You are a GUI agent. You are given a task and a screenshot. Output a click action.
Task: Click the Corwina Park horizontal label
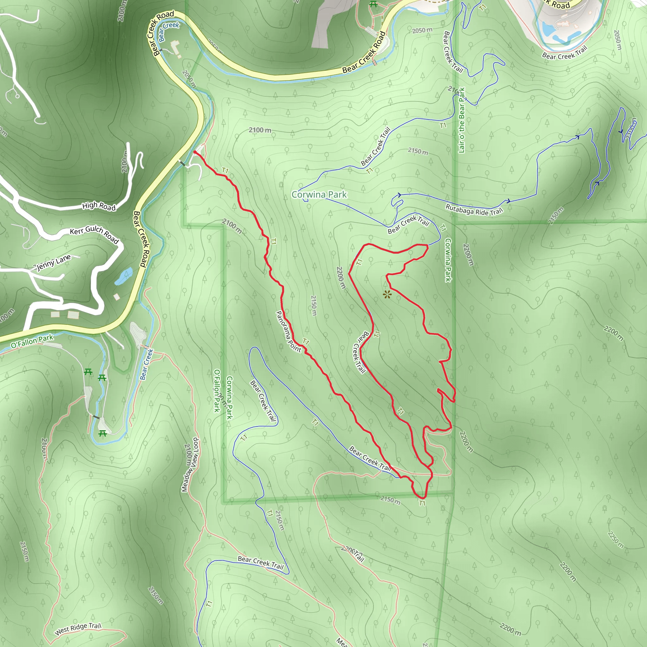click(319, 195)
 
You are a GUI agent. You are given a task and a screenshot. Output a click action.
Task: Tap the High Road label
click(99, 206)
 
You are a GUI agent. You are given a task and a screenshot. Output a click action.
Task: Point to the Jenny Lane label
click(54, 262)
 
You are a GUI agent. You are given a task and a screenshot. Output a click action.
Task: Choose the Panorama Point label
click(288, 331)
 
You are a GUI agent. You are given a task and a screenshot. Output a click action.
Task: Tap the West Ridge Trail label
click(78, 629)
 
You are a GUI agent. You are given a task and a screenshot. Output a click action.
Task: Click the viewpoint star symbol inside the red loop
click(387, 295)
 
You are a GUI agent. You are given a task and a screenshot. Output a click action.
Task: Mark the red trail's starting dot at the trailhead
click(195, 152)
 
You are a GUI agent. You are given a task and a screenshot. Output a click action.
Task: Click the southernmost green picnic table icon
click(103, 434)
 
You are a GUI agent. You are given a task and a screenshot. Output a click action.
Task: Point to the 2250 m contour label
click(615, 540)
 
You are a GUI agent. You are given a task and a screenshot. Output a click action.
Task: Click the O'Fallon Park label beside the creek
click(32, 341)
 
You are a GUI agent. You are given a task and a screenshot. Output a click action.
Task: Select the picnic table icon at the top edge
click(373, 4)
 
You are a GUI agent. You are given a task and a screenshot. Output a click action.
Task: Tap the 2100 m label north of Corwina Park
click(260, 130)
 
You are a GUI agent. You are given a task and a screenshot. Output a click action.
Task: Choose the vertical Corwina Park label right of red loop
click(448, 260)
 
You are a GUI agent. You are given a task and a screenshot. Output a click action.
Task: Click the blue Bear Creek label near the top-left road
click(169, 31)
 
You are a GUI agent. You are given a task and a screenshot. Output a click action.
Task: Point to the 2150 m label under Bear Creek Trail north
click(418, 151)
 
